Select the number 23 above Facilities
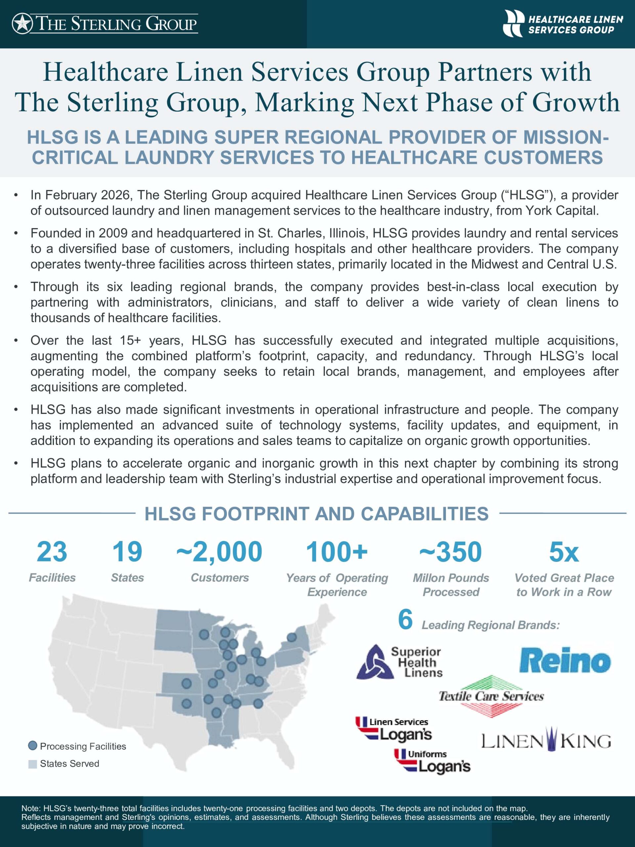tap(52, 552)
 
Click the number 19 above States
tap(127, 552)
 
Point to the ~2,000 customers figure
tap(219, 552)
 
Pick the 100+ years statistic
tap(337, 552)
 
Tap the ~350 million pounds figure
tap(450, 552)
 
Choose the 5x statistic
tap(564, 552)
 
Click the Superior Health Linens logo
tap(400, 662)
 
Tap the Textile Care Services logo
tap(491, 696)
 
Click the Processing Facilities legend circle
tap(33, 746)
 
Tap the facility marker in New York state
tap(292, 637)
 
